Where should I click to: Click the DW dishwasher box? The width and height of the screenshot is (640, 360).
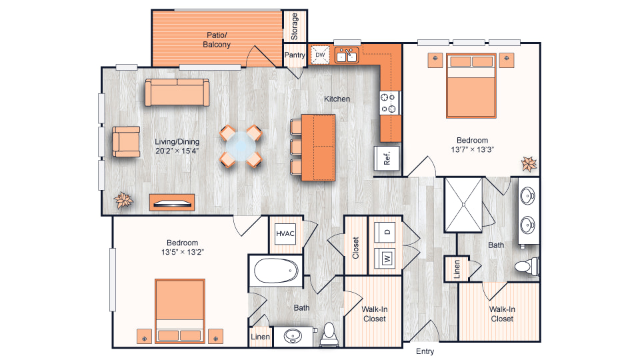point(320,55)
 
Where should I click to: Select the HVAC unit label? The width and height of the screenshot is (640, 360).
point(285,234)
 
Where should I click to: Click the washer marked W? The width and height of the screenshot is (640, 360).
point(385,258)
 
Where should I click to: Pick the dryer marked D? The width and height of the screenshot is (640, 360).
point(385,232)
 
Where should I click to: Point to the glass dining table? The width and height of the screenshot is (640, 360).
point(241,146)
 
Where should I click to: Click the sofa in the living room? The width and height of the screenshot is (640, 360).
point(177,93)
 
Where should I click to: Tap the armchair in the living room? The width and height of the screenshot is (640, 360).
point(126,141)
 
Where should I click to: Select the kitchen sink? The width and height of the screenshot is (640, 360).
point(347,55)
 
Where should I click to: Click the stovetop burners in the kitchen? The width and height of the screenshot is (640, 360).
point(388,103)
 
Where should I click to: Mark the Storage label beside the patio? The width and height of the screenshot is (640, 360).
point(295,27)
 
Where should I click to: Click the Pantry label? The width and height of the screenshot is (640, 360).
point(295,55)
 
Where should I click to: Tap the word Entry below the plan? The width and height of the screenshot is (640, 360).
point(425,351)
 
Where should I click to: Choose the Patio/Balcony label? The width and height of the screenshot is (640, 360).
point(217,40)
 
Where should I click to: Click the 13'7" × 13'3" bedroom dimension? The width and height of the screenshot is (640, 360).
point(472,149)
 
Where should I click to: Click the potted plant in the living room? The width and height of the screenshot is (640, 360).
point(123,200)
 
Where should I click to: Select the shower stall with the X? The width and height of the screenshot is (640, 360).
point(464,205)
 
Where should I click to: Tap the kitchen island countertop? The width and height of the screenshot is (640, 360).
point(319,147)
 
